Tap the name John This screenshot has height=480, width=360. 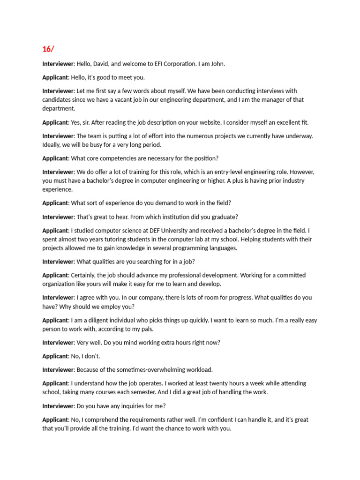coord(218,64)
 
